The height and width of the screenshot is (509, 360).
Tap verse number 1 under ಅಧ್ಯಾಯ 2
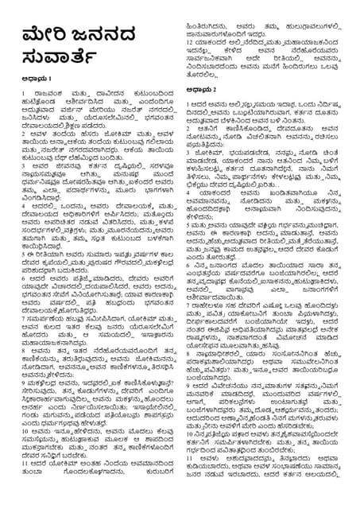tap(192, 105)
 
